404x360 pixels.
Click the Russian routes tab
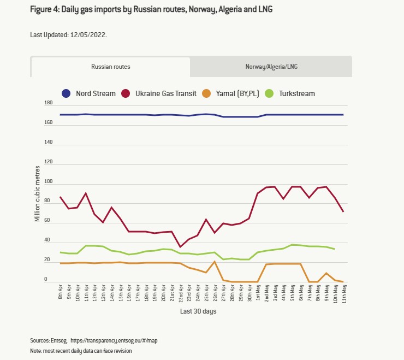pyautogui.click(x=110, y=67)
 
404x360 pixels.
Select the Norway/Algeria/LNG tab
pyautogui.click(x=271, y=67)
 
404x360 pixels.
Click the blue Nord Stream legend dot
pyautogui.click(x=67, y=93)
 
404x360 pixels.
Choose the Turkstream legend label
pyautogui.click(x=296, y=93)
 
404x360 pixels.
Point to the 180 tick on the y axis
pyautogui.click(x=49, y=103)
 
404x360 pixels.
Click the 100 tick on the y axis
pyautogui.click(x=49, y=182)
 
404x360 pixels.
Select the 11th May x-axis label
pyautogui.click(x=343, y=295)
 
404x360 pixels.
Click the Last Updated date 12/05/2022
pyautogui.click(x=88, y=34)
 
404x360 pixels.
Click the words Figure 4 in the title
pyautogui.click(x=48, y=9)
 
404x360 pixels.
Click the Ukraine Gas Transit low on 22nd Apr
pyautogui.click(x=181, y=247)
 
